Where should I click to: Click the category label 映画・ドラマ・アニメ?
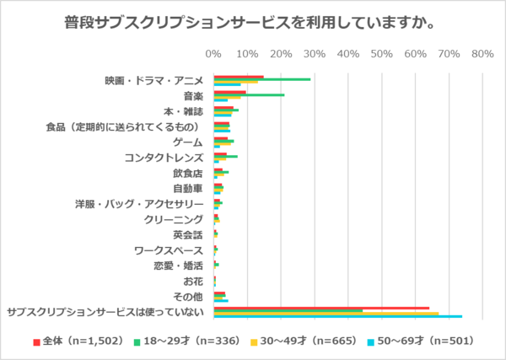click(x=153, y=81)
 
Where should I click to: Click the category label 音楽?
click(x=192, y=96)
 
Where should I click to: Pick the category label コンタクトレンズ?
click(x=164, y=158)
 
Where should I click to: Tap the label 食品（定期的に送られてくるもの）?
click(x=124, y=126)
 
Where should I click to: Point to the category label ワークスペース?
click(x=169, y=250)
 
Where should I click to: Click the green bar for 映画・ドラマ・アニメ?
click(x=262, y=79)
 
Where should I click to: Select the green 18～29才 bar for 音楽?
click(x=249, y=94)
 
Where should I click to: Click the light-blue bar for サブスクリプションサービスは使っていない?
click(x=337, y=316)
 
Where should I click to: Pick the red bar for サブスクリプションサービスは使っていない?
click(x=321, y=308)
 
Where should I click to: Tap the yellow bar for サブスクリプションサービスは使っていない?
click(x=326, y=314)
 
